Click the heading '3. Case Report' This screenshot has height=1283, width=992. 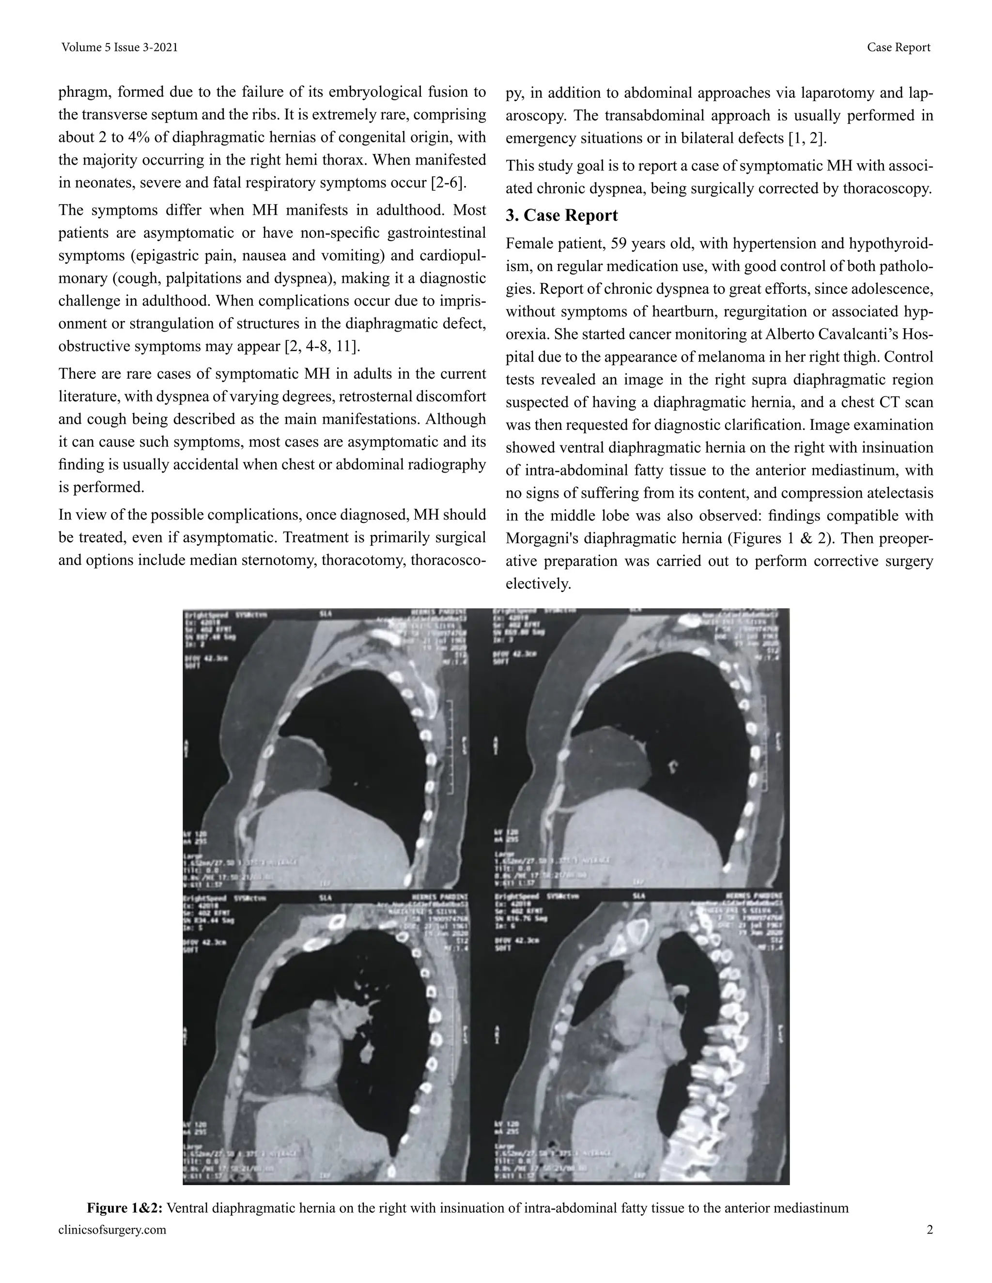561,215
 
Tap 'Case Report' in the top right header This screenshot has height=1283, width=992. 899,47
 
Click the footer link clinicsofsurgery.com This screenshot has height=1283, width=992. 112,1230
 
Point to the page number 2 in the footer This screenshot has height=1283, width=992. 930,1230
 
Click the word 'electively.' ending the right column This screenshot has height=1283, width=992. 538,584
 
